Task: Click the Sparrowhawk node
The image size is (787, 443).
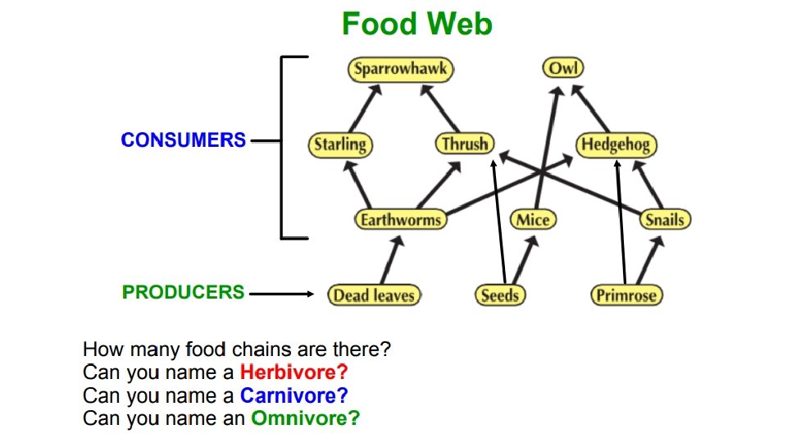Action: click(401, 69)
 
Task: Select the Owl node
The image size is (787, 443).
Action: click(563, 68)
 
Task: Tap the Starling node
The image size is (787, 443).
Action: click(340, 145)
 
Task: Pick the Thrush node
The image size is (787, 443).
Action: click(465, 144)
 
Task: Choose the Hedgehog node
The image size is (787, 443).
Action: click(616, 145)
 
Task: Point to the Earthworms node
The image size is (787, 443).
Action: click(401, 219)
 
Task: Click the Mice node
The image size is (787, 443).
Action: click(533, 219)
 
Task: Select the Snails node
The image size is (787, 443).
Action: click(664, 219)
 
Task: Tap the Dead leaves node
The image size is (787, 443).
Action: click(374, 295)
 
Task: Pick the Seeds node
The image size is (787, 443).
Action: click(500, 295)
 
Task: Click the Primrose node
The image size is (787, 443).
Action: click(626, 295)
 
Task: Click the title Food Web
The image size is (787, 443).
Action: click(416, 24)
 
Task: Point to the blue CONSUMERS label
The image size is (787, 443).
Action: click(183, 140)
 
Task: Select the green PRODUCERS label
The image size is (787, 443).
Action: click(183, 292)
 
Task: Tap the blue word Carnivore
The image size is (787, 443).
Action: click(293, 395)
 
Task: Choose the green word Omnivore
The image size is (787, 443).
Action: click(305, 418)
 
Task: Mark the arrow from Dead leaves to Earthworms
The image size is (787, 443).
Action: click(390, 259)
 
